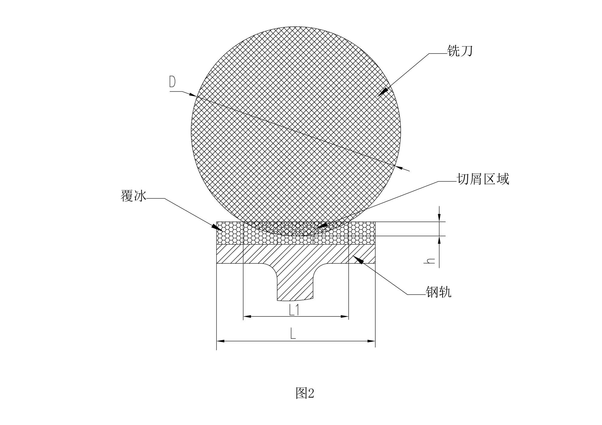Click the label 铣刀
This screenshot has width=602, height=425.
pyautogui.click(x=460, y=51)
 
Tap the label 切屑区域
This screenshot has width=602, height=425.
pyautogui.click(x=483, y=179)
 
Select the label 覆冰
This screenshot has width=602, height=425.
pyautogui.click(x=133, y=196)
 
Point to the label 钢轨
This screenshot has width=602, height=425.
pyautogui.click(x=439, y=292)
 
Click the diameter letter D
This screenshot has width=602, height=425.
pyautogui.click(x=172, y=82)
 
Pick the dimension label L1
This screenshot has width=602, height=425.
pyautogui.click(x=294, y=310)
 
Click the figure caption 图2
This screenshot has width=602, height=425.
pyautogui.click(x=305, y=393)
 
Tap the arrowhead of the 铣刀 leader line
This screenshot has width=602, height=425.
pyautogui.click(x=383, y=92)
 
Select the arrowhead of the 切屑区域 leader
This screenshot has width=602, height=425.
pyautogui.click(x=321, y=226)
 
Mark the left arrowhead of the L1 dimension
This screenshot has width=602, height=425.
pyautogui.click(x=247, y=316)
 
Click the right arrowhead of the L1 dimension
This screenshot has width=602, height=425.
pyautogui.click(x=345, y=316)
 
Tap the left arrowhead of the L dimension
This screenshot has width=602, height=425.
pyautogui.click(x=220, y=341)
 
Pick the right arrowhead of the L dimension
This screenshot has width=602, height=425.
pyautogui.click(x=371, y=341)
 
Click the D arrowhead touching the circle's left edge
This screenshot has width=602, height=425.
pyautogui.click(x=193, y=95)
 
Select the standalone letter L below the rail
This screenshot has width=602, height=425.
pyautogui.click(x=293, y=333)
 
